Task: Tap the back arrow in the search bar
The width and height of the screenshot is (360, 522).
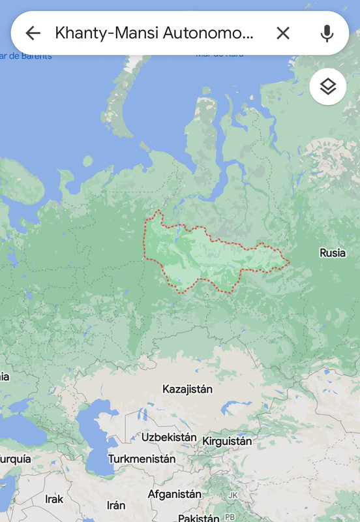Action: click(33, 33)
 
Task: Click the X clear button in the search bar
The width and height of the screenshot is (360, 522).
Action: click(282, 33)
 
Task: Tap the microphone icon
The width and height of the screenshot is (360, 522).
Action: click(327, 33)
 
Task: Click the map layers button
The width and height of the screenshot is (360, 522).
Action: click(327, 87)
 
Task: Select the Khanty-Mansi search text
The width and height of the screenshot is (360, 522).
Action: click(154, 33)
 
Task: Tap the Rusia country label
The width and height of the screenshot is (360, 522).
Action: click(332, 253)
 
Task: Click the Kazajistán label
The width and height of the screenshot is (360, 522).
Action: click(187, 390)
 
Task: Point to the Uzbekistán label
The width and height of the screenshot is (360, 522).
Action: click(169, 437)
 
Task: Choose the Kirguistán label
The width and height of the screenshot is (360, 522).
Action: click(227, 441)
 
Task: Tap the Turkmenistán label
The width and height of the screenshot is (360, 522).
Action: click(142, 459)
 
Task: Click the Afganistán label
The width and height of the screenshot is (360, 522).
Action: click(174, 494)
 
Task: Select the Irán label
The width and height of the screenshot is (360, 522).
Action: click(115, 505)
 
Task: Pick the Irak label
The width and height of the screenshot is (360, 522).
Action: click(54, 499)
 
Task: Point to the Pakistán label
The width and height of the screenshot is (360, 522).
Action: click(198, 517)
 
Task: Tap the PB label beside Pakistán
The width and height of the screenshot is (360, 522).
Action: click(230, 517)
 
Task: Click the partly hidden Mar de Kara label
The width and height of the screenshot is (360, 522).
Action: click(219, 54)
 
